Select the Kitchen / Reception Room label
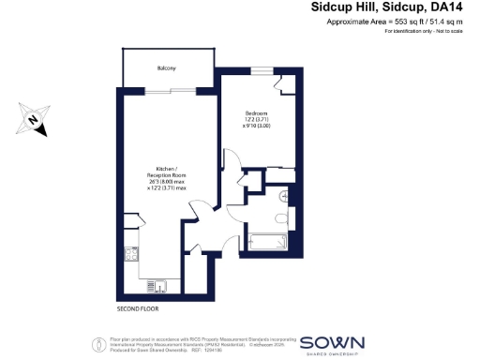click(167, 172)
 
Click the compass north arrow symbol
click(34, 119)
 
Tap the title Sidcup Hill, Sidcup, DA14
click(386, 7)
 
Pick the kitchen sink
click(160, 281)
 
